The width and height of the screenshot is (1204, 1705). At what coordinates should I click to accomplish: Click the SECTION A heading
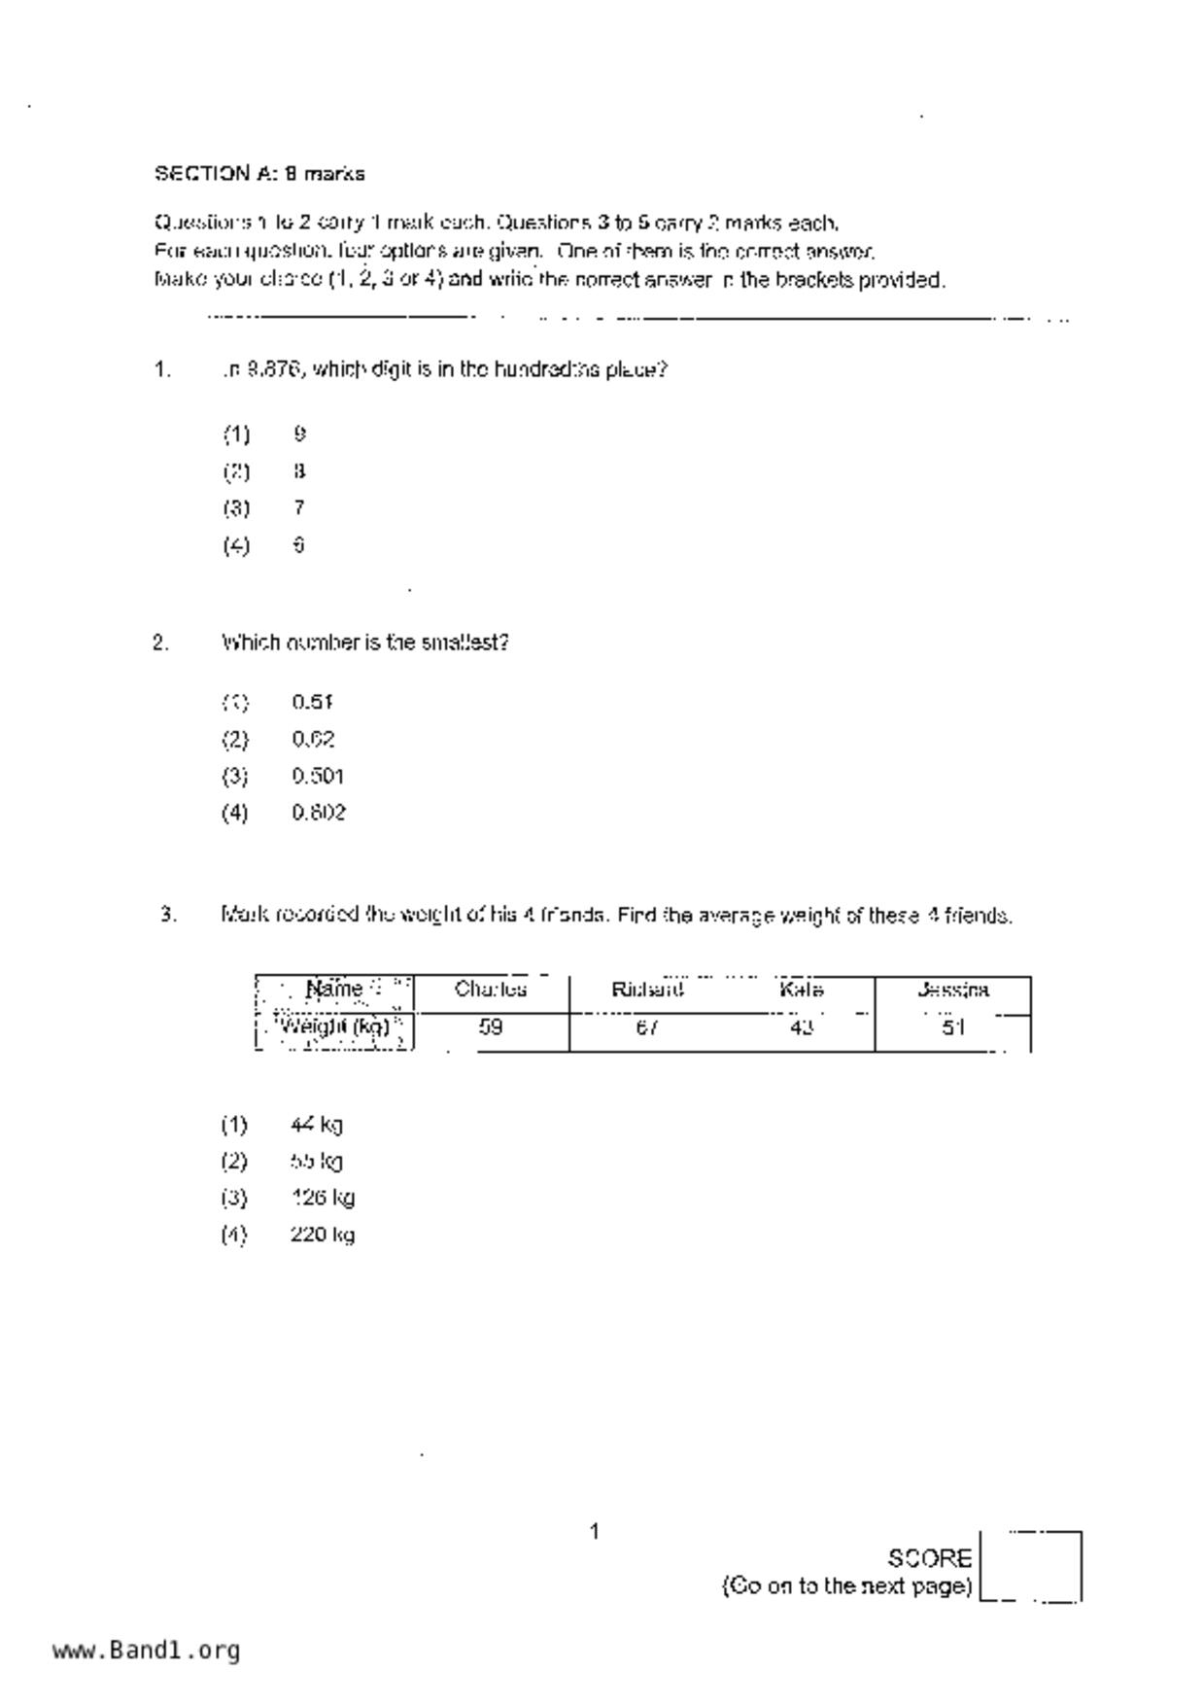(x=259, y=174)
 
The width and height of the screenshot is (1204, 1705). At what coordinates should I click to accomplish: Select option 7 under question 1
(x=299, y=507)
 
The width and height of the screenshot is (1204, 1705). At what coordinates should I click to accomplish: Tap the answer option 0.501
(x=318, y=776)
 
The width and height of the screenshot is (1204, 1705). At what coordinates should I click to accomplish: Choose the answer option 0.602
(x=318, y=813)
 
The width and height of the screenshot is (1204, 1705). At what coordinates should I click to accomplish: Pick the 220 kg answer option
(x=322, y=1235)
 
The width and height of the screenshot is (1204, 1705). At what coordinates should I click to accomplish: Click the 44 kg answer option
(x=316, y=1125)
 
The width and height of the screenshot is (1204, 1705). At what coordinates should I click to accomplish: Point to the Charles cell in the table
(x=491, y=990)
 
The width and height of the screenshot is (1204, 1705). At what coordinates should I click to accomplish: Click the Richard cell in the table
(x=647, y=990)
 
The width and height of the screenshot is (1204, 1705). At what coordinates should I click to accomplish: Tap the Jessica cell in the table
(x=953, y=990)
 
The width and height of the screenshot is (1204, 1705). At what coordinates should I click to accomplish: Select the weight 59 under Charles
(x=491, y=1026)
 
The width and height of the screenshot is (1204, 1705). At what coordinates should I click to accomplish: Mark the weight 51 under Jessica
(x=953, y=1026)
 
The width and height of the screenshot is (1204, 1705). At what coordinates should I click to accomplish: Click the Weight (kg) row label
(x=334, y=1026)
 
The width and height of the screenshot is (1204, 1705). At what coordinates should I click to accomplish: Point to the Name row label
(x=334, y=990)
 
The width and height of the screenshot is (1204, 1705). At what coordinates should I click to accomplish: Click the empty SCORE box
(x=1031, y=1565)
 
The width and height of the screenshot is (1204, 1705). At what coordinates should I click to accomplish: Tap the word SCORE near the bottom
(x=929, y=1558)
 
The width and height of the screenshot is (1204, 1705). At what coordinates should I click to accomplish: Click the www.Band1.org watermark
(x=146, y=1650)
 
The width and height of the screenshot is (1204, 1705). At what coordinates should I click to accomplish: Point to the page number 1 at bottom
(x=595, y=1532)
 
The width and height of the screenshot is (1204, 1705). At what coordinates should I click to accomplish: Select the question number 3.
(x=168, y=915)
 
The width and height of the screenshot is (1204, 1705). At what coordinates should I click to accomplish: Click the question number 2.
(x=160, y=643)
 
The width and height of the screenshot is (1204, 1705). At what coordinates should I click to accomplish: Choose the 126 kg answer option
(x=322, y=1198)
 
